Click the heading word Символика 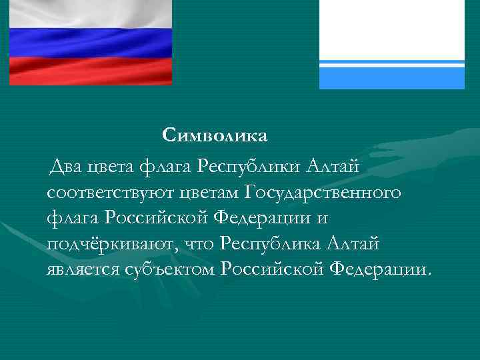(215, 136)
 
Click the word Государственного (323, 193)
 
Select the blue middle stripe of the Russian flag (90, 42)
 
